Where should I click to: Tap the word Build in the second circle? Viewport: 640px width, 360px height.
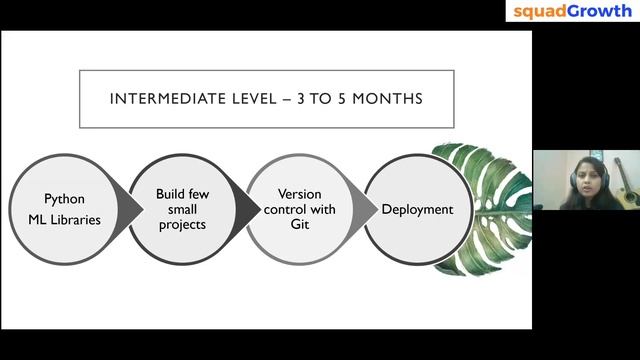169,192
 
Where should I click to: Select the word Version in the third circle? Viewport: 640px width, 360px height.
297,192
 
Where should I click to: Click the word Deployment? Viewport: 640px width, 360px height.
417,209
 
